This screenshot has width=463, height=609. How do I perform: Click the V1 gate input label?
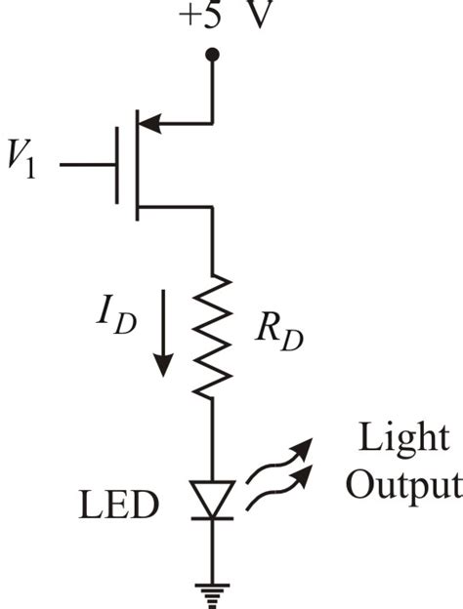point(30,165)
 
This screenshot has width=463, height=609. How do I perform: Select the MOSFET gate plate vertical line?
point(117,165)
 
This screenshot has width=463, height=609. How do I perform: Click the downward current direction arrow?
point(163,338)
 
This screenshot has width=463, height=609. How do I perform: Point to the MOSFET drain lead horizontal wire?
point(176,207)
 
